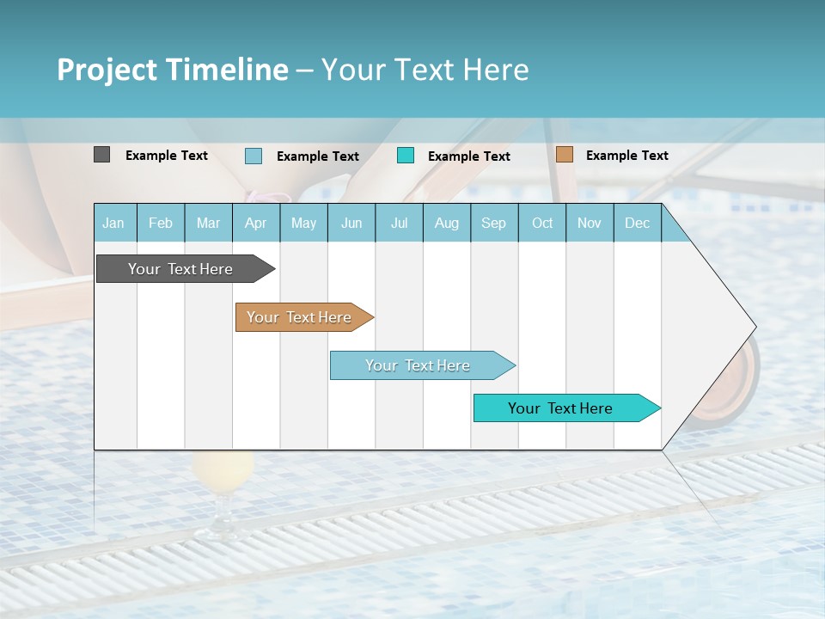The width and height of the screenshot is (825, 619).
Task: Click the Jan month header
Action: (x=113, y=224)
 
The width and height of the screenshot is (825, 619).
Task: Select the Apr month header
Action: (x=255, y=224)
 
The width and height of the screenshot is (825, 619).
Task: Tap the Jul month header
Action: (x=399, y=224)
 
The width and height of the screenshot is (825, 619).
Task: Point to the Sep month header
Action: (x=493, y=224)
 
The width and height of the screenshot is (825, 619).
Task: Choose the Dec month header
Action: (x=637, y=224)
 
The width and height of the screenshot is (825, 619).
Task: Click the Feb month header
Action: (x=161, y=224)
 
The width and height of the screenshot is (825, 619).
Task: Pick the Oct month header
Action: (x=542, y=224)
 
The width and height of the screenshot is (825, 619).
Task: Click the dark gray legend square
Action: (x=101, y=155)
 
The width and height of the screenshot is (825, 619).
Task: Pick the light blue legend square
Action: (x=254, y=156)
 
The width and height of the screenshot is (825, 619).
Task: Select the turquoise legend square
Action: (x=406, y=156)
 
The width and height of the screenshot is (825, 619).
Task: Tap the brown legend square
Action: (x=564, y=155)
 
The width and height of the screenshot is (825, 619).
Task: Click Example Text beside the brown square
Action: (x=626, y=156)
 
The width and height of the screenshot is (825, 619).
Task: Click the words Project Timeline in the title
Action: (x=172, y=70)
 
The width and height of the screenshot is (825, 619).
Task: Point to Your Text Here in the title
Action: (x=425, y=70)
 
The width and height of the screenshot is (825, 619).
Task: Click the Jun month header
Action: (x=351, y=224)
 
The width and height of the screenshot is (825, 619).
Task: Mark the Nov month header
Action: (x=590, y=224)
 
